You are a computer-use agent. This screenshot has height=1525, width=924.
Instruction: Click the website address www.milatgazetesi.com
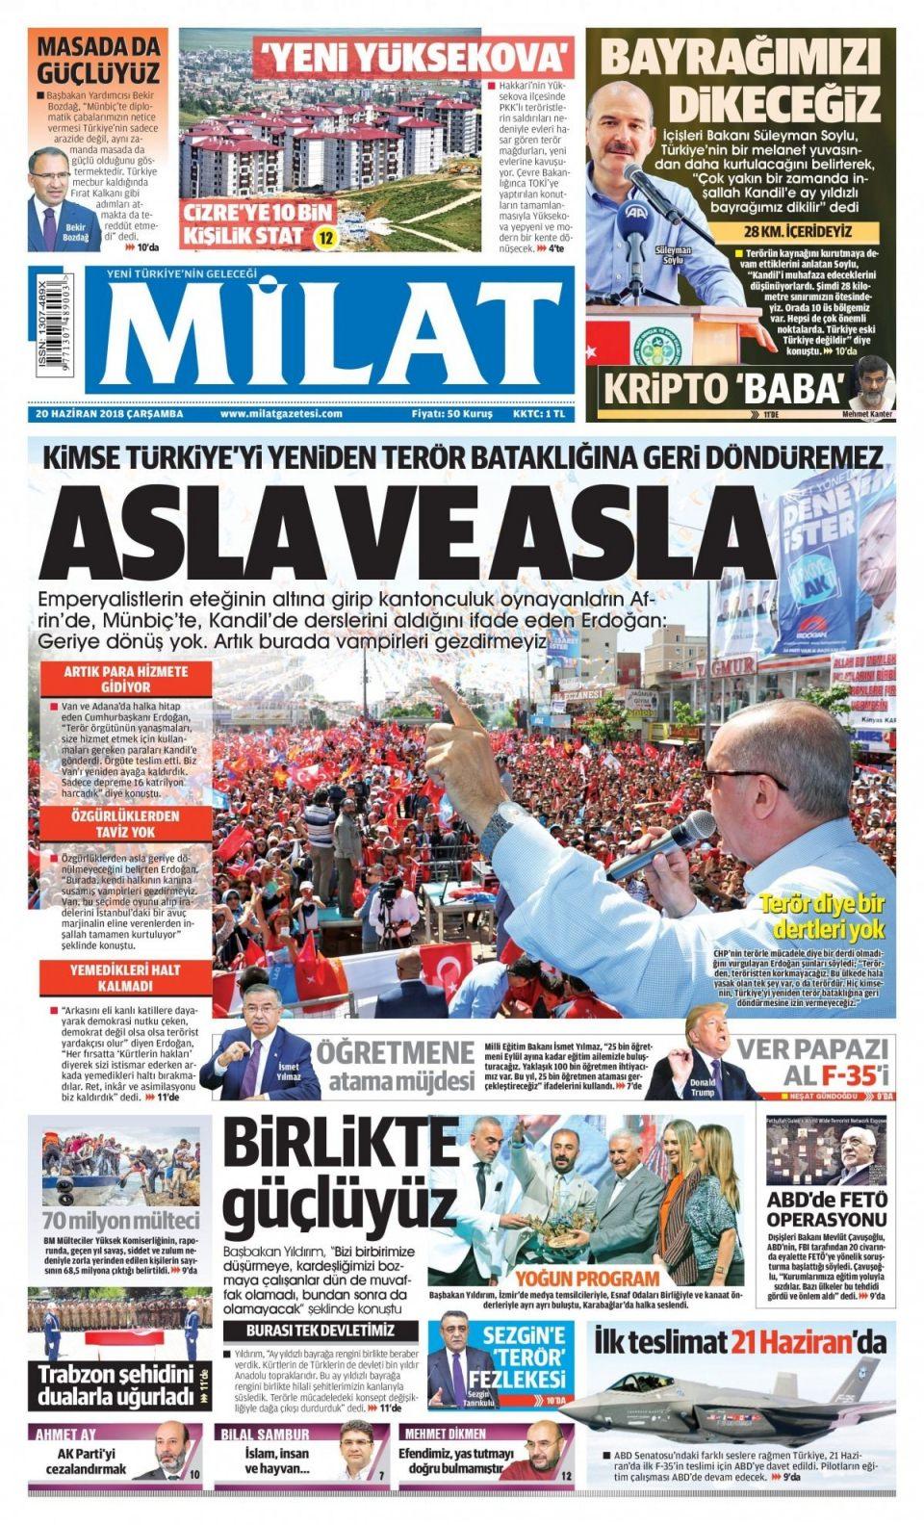pos(281,414)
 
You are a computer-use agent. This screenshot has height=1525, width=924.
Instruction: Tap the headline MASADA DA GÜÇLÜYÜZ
pos(97,59)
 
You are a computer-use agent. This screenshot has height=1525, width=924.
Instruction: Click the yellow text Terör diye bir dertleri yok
pos(821,916)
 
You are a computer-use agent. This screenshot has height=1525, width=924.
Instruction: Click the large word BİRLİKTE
pos(339,1146)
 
